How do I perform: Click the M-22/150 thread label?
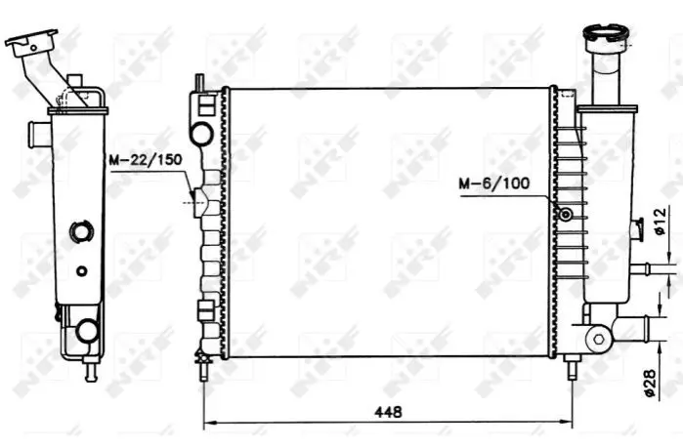145,160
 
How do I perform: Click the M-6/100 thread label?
494,183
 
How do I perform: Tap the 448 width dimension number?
388,412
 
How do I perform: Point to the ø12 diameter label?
660,222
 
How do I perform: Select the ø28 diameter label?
649,383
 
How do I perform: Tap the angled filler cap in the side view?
30,42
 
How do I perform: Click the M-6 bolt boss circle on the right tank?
566,214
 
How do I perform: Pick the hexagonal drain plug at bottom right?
599,339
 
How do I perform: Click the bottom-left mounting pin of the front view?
203,368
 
